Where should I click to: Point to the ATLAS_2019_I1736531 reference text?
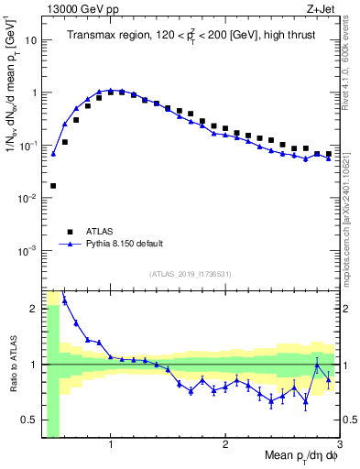pos(191,273)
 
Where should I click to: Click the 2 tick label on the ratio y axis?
pos(33,309)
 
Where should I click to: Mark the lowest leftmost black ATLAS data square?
pos(53,185)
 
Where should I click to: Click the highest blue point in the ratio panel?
pos(64,300)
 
